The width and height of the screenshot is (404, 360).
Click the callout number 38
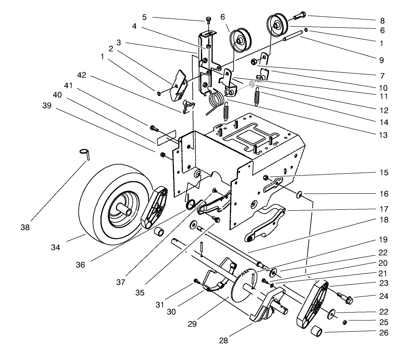pyautogui.click(x=25, y=227)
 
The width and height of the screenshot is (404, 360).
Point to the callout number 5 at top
pyautogui.click(x=144, y=17)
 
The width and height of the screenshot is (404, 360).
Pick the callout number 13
pyautogui.click(x=382, y=135)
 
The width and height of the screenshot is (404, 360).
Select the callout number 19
pyautogui.click(x=382, y=240)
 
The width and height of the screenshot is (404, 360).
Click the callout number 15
pyautogui.click(x=382, y=172)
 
